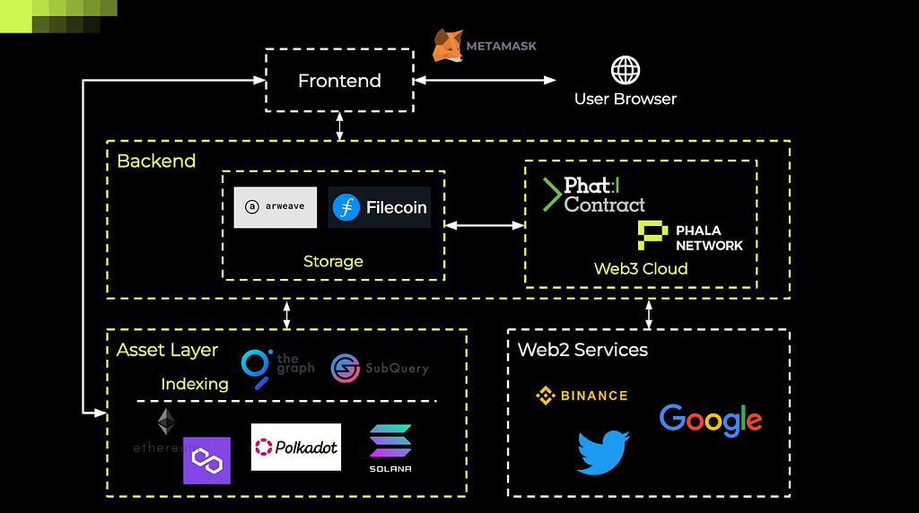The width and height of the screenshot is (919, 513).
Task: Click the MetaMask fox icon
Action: [x=448, y=45]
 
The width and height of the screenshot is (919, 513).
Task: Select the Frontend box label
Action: [x=339, y=81]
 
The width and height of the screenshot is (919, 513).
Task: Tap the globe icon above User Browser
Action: [x=626, y=70]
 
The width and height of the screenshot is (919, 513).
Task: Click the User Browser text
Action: [x=626, y=99]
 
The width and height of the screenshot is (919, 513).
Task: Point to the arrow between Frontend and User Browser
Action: [x=486, y=81]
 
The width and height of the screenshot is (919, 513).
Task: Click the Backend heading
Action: [x=156, y=161]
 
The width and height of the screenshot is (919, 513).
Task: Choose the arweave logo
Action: [x=276, y=207]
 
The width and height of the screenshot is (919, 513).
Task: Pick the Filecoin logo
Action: [x=380, y=207]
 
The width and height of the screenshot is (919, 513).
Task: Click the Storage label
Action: [x=333, y=262]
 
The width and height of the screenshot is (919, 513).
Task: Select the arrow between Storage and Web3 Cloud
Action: [x=485, y=225]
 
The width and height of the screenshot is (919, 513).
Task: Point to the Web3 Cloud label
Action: [x=641, y=268]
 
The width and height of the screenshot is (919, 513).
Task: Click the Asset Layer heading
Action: [x=167, y=350]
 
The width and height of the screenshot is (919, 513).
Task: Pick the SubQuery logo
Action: [x=380, y=368]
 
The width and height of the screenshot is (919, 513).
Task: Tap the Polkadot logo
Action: [x=296, y=447]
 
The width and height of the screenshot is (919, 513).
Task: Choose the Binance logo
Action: [x=582, y=396]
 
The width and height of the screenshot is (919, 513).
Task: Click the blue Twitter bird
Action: [x=602, y=452]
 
